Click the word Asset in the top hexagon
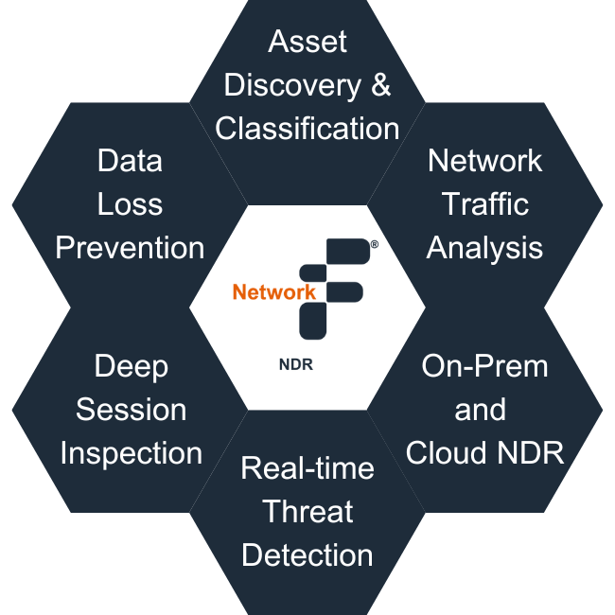point(307,42)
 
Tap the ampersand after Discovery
point(380,85)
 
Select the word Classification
point(307,128)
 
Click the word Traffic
point(484,204)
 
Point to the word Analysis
point(484,248)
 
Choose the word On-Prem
point(484,366)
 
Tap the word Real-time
point(307,468)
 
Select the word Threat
point(307,512)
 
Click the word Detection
point(307,554)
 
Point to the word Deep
point(131,366)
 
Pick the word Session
point(131,410)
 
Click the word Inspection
point(131,453)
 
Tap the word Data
point(130,161)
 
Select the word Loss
point(130,204)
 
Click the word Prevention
point(130,248)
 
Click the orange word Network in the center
point(273,292)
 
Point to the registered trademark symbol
point(375,244)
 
